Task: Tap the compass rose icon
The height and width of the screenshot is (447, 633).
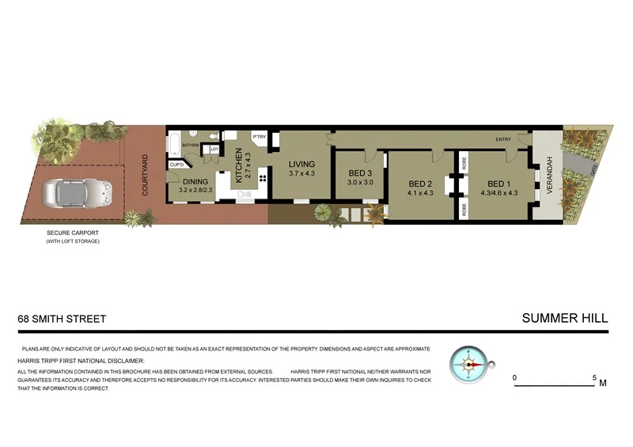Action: click(x=468, y=365)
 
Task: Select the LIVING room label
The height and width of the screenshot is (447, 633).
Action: click(x=301, y=165)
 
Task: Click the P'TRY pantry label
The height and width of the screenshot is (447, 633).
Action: click(x=258, y=137)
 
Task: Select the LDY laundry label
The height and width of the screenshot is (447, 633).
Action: click(x=213, y=149)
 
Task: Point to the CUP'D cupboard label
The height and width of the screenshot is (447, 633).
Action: click(x=176, y=165)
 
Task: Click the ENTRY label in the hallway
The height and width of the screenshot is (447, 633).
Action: click(x=503, y=140)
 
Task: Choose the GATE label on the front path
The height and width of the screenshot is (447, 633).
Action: click(x=594, y=169)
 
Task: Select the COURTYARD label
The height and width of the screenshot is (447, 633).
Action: click(x=145, y=176)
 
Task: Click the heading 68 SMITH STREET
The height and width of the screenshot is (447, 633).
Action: click(x=62, y=319)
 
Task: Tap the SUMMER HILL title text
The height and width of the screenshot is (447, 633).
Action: click(x=565, y=318)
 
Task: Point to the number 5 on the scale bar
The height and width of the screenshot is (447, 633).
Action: click(x=595, y=377)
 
